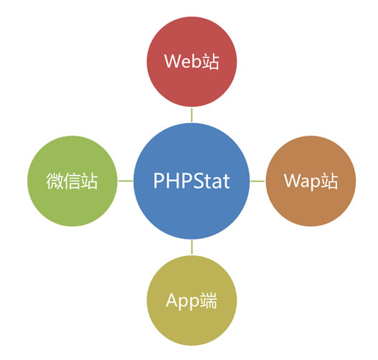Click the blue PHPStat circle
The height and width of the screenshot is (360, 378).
[192, 181]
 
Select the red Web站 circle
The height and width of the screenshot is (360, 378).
[192, 62]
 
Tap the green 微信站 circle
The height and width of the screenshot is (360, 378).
[72, 181]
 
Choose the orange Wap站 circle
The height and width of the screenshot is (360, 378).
[311, 181]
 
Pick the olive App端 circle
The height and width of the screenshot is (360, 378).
[192, 300]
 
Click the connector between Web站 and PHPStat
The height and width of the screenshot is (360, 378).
[192, 115]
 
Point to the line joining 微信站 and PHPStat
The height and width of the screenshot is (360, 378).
[126, 181]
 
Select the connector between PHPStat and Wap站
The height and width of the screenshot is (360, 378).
[257, 181]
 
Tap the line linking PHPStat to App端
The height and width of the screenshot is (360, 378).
[192, 247]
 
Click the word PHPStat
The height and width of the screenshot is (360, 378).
[192, 181]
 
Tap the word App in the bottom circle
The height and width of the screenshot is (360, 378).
[182, 301]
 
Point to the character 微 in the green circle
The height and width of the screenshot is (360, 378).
[55, 181]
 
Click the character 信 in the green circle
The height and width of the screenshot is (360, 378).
[72, 181]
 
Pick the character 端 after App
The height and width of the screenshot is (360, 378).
[208, 300]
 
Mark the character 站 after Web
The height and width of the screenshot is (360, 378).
[210, 62]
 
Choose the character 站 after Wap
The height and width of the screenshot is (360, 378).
[329, 181]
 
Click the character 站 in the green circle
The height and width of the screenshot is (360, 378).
[89, 181]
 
